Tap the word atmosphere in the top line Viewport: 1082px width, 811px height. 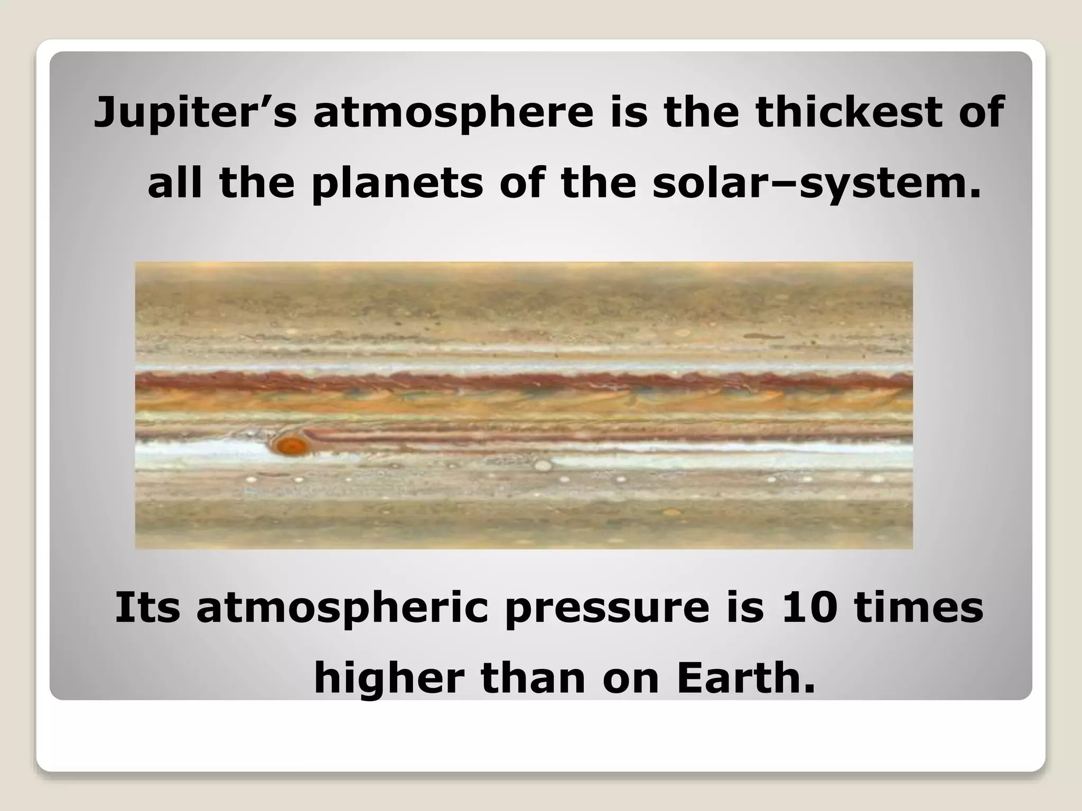point(453,113)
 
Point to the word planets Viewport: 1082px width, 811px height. point(397,184)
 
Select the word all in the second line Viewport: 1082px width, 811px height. point(174,184)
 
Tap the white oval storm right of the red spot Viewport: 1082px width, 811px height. point(543,465)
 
